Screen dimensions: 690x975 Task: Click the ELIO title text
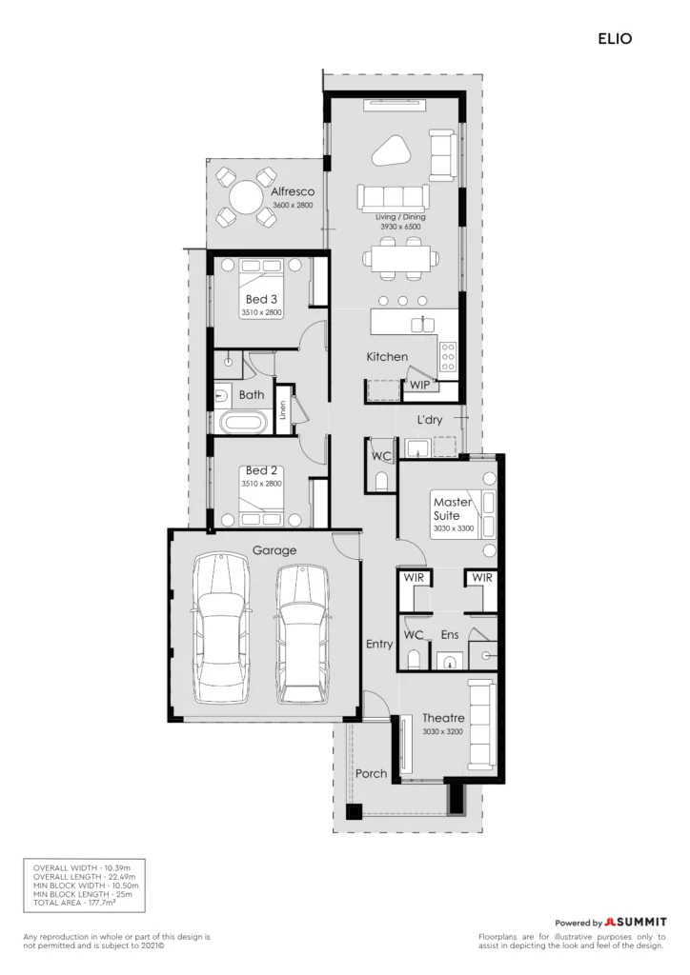(x=615, y=38)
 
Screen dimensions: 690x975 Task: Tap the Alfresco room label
(x=293, y=191)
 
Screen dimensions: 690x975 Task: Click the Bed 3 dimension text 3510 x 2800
(x=261, y=312)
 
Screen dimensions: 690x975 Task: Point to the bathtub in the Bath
(x=244, y=424)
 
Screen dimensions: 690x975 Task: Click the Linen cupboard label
(x=282, y=409)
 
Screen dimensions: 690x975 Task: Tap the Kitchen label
(x=387, y=356)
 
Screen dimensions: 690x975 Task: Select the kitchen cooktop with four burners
(x=448, y=358)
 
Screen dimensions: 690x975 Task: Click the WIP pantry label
(x=419, y=385)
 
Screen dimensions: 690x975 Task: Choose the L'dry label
(x=429, y=420)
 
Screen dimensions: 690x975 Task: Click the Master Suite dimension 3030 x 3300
(x=454, y=528)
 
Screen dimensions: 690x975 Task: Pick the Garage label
(x=274, y=550)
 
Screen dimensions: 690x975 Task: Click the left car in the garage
(x=221, y=628)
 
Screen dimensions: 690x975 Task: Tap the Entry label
(x=379, y=645)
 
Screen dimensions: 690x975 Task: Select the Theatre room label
(x=443, y=718)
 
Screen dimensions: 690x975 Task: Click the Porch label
(x=372, y=773)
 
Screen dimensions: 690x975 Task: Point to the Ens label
(x=450, y=635)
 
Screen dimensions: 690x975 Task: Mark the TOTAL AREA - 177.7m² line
(x=74, y=903)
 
